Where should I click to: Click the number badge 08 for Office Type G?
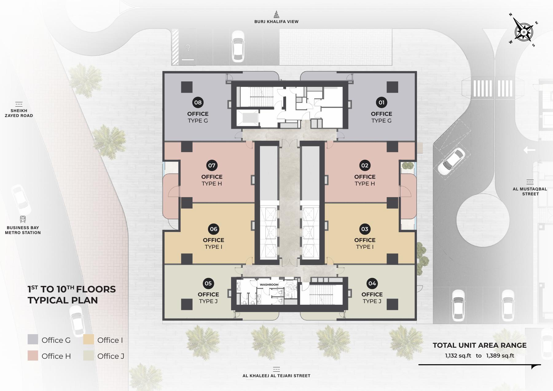point(198,103)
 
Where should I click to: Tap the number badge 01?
point(382,103)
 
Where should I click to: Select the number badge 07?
point(212,166)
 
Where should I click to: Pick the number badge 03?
point(365,229)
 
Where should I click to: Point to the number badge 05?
point(208,283)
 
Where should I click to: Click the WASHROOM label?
point(269,285)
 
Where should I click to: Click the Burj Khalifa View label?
point(276,22)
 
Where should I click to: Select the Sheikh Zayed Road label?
point(19,113)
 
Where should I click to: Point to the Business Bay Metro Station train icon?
point(23,219)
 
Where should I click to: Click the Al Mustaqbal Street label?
point(530,191)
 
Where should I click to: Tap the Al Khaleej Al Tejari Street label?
point(276,376)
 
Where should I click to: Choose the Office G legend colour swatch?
point(33,339)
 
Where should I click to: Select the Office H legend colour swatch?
point(33,355)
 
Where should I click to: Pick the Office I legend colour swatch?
point(88,339)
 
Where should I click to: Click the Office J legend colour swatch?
point(88,355)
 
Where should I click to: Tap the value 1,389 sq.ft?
point(500,356)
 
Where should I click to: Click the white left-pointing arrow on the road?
point(529,150)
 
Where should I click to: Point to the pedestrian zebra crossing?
point(493,89)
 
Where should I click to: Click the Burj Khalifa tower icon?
point(276,14)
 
